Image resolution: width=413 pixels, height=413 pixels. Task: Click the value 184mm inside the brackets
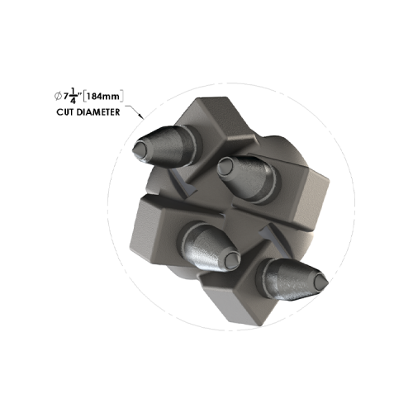coord(104,97)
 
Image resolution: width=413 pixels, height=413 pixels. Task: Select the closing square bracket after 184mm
coord(124,97)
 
